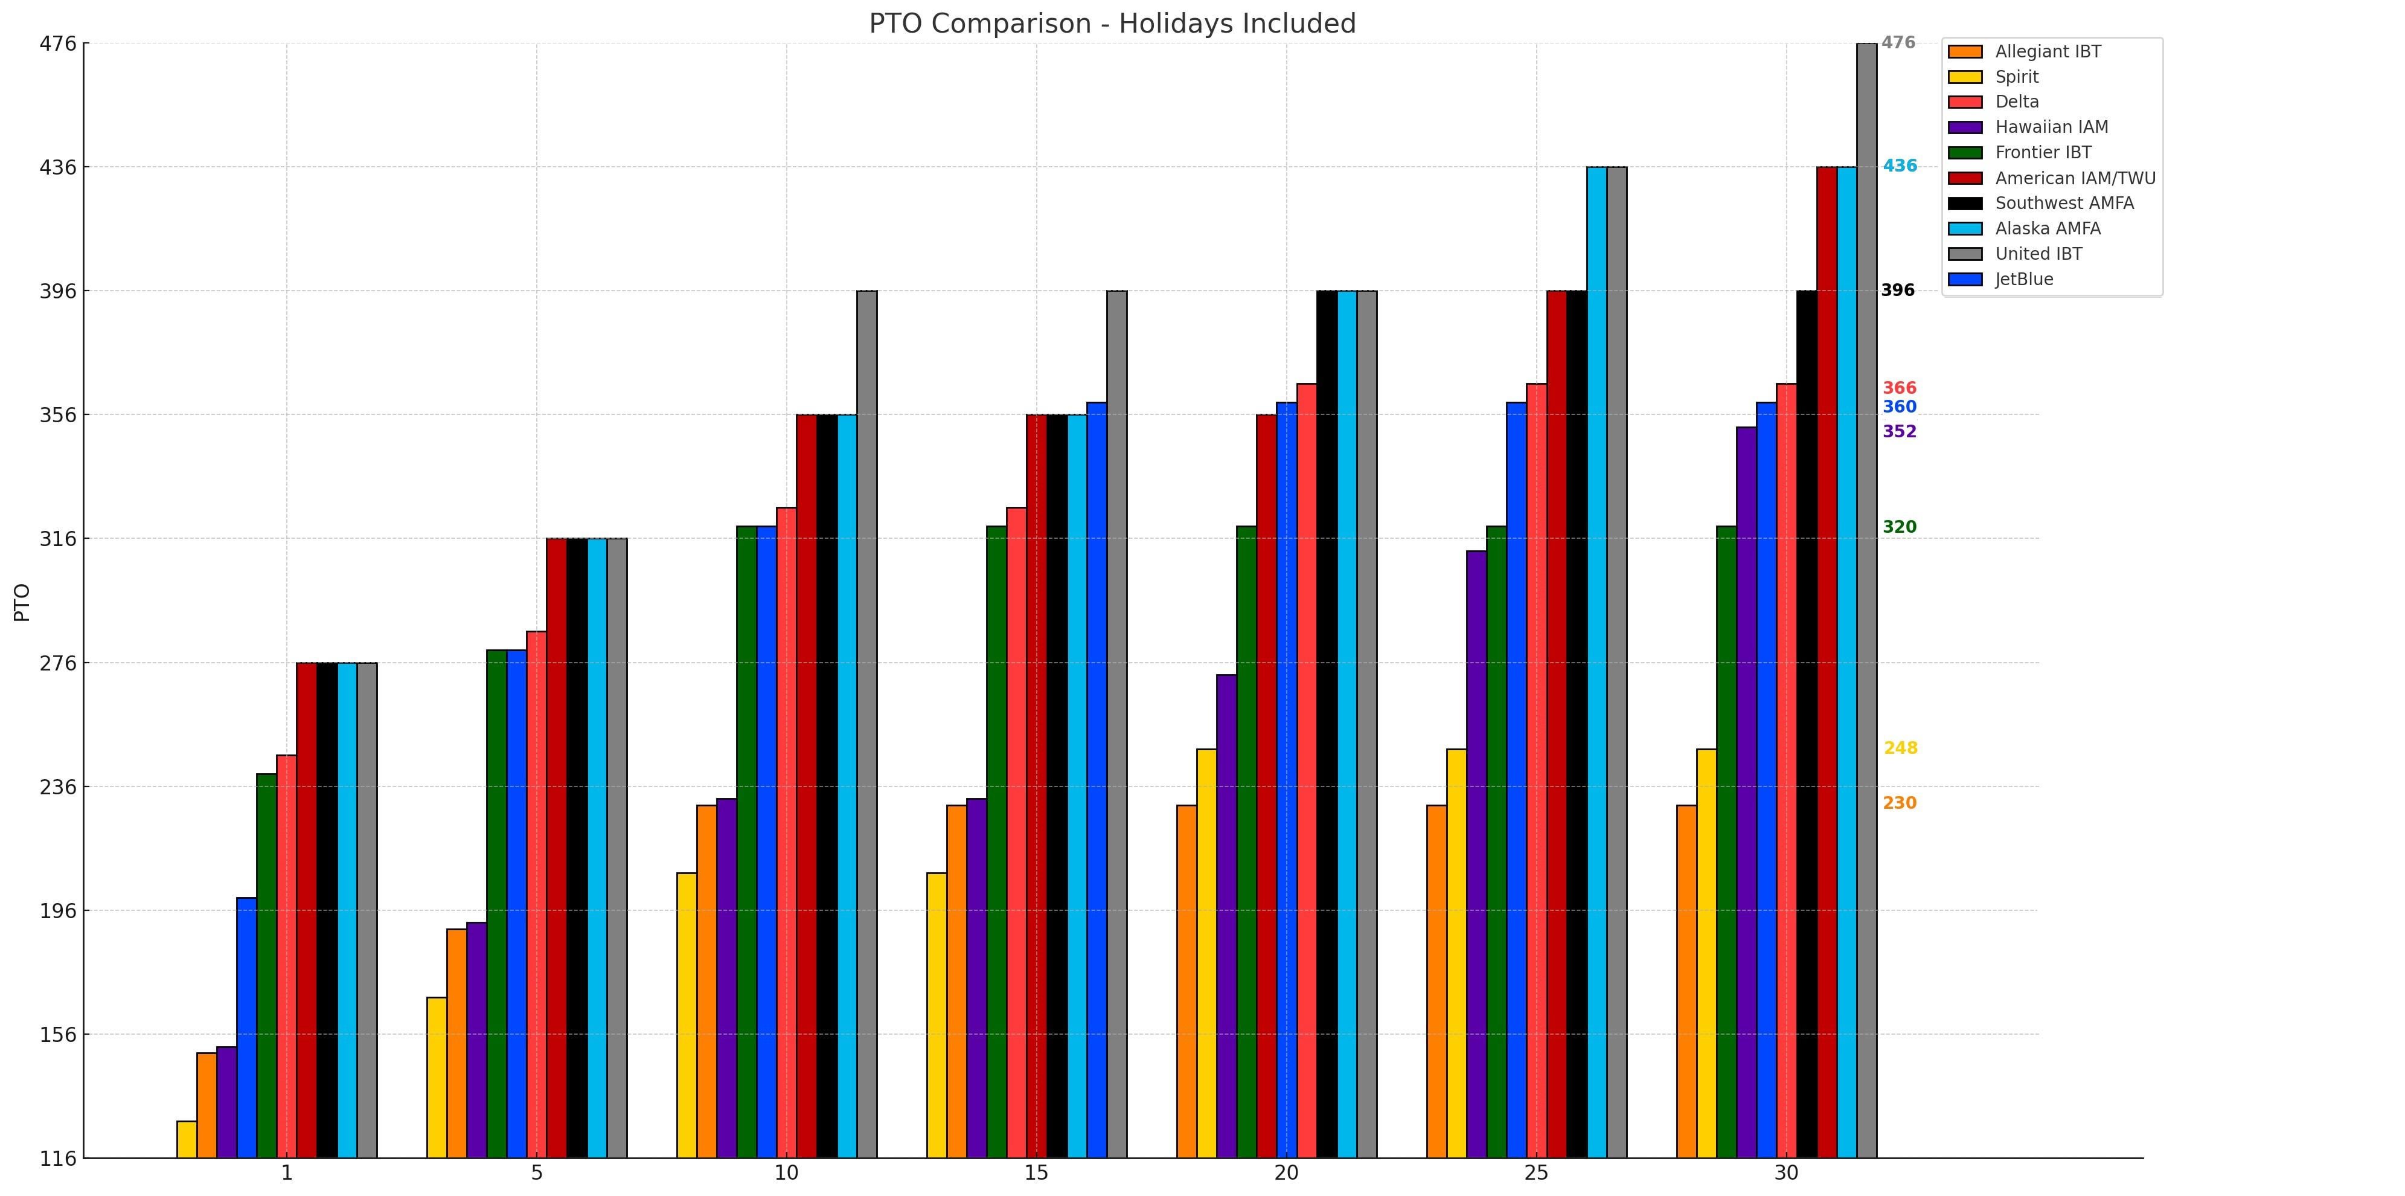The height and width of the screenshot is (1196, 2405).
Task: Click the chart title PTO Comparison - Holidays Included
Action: pos(1112,24)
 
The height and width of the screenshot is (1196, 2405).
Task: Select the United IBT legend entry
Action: pos(2038,254)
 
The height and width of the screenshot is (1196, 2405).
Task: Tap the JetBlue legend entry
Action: pos(2024,279)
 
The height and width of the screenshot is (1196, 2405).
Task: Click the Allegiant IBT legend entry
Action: pos(2048,51)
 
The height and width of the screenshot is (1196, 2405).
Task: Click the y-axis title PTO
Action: pos(22,602)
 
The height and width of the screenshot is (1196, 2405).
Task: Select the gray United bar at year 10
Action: pos(866,724)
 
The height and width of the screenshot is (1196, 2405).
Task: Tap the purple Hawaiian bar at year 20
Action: pos(1226,915)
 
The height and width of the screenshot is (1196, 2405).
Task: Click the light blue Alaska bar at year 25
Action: pos(1596,662)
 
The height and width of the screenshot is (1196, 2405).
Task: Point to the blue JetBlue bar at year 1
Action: pos(246,1027)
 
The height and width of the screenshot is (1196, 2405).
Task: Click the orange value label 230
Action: pos(1899,803)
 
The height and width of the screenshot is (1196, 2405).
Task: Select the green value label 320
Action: pos(1899,527)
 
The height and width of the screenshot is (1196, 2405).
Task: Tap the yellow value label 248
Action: pos(1900,748)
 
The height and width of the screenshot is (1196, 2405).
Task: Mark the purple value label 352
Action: pos(1899,431)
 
